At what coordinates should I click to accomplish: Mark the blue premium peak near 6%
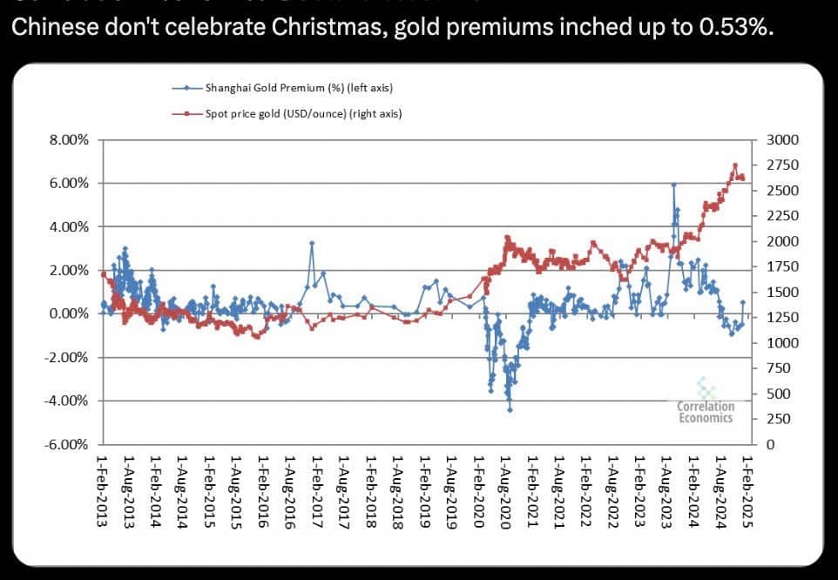[673, 184]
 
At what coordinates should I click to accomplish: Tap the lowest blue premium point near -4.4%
[510, 409]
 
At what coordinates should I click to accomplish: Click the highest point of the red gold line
[735, 165]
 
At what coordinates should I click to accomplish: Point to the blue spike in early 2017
[312, 243]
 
